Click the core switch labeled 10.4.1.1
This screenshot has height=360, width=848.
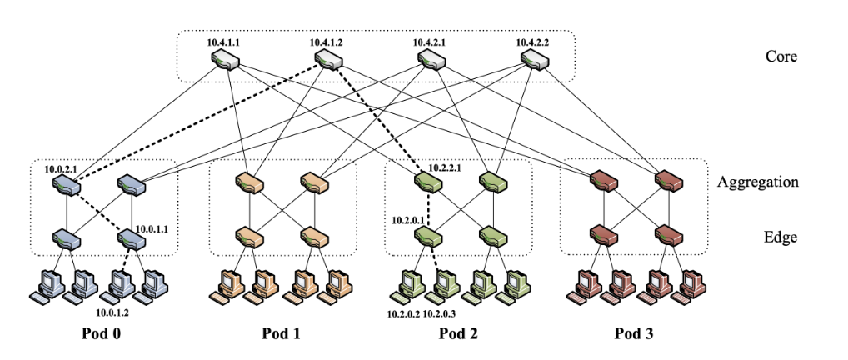[226, 59]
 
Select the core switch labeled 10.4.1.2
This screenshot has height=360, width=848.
[328, 59]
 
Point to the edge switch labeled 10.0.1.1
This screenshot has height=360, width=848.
[132, 239]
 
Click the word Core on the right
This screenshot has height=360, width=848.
[781, 57]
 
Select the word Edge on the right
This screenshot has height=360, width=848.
[782, 237]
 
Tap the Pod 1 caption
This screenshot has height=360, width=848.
[281, 335]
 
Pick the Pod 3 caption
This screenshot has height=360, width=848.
[635, 335]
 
